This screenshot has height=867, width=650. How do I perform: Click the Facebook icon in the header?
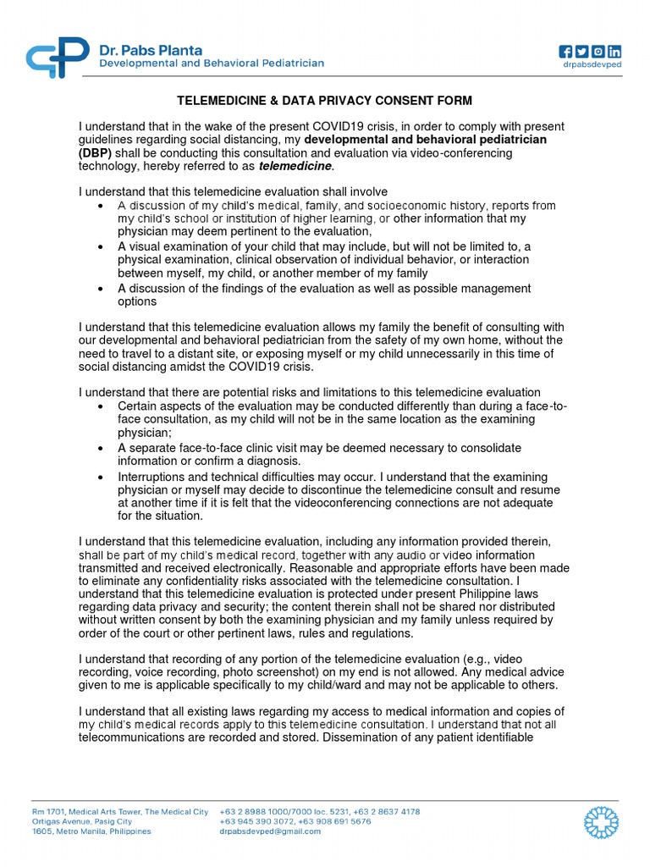(565, 50)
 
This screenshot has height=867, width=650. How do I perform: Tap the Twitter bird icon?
(581, 50)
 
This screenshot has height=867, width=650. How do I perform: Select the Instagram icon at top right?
(598, 50)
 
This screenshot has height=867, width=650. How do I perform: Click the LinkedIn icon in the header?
(614, 50)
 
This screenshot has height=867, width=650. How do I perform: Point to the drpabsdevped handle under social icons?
(592, 64)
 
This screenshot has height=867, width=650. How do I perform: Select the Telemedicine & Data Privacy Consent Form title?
(324, 101)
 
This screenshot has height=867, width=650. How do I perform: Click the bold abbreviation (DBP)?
(94, 152)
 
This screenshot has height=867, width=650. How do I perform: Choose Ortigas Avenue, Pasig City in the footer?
(82, 821)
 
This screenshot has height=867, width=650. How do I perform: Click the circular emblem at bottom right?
(602, 821)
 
